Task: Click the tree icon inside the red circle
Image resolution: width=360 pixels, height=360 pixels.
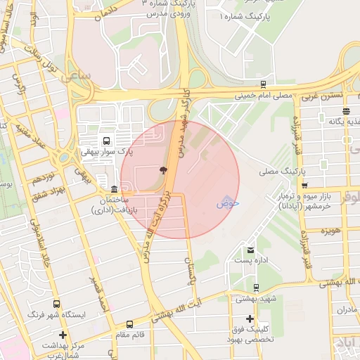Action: [x=163, y=169]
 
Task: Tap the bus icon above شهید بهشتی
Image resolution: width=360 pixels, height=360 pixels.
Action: [x=256, y=287]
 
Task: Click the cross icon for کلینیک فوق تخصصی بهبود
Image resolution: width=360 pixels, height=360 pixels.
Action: [x=250, y=319]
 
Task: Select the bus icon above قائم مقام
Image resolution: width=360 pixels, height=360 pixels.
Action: [x=129, y=324]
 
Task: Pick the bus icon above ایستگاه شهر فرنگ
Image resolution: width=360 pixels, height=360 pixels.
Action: [x=56, y=304]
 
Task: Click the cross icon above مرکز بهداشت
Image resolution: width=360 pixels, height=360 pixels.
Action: [x=63, y=335]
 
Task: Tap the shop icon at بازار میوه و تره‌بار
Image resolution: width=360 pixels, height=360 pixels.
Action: [x=304, y=186]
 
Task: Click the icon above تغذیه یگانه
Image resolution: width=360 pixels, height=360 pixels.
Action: [x=346, y=110]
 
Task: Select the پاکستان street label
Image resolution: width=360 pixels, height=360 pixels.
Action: [x=188, y=271]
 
